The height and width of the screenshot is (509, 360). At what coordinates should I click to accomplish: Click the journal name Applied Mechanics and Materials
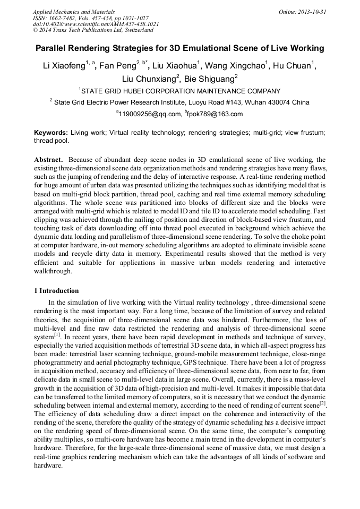point(74,12)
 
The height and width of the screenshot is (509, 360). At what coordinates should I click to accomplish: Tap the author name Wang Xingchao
point(237,66)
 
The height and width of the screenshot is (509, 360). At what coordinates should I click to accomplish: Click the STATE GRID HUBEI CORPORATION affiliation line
point(180,91)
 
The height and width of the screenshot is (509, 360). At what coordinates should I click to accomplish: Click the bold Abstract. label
point(49,160)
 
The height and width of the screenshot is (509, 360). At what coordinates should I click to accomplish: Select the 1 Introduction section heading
point(56,291)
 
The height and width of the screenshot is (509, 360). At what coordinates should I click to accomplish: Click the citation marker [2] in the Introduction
point(322,404)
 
